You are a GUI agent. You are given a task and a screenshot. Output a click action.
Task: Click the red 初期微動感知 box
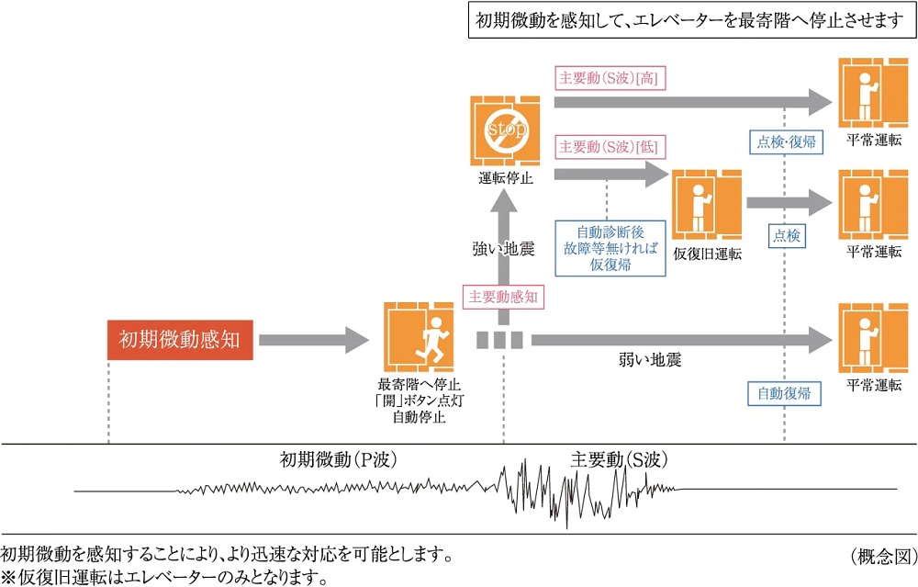pyautogui.click(x=179, y=339)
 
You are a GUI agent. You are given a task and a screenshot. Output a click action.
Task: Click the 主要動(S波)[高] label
pyautogui.click(x=608, y=77)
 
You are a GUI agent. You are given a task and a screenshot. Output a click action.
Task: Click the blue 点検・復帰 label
pyautogui.click(x=786, y=141)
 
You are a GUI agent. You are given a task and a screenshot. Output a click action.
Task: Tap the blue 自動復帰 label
pyautogui.click(x=783, y=394)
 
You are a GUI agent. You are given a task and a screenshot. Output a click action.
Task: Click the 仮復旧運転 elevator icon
pyautogui.click(x=706, y=203)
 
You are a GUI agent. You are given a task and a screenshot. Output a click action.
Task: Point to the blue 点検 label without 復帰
pyautogui.click(x=787, y=236)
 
